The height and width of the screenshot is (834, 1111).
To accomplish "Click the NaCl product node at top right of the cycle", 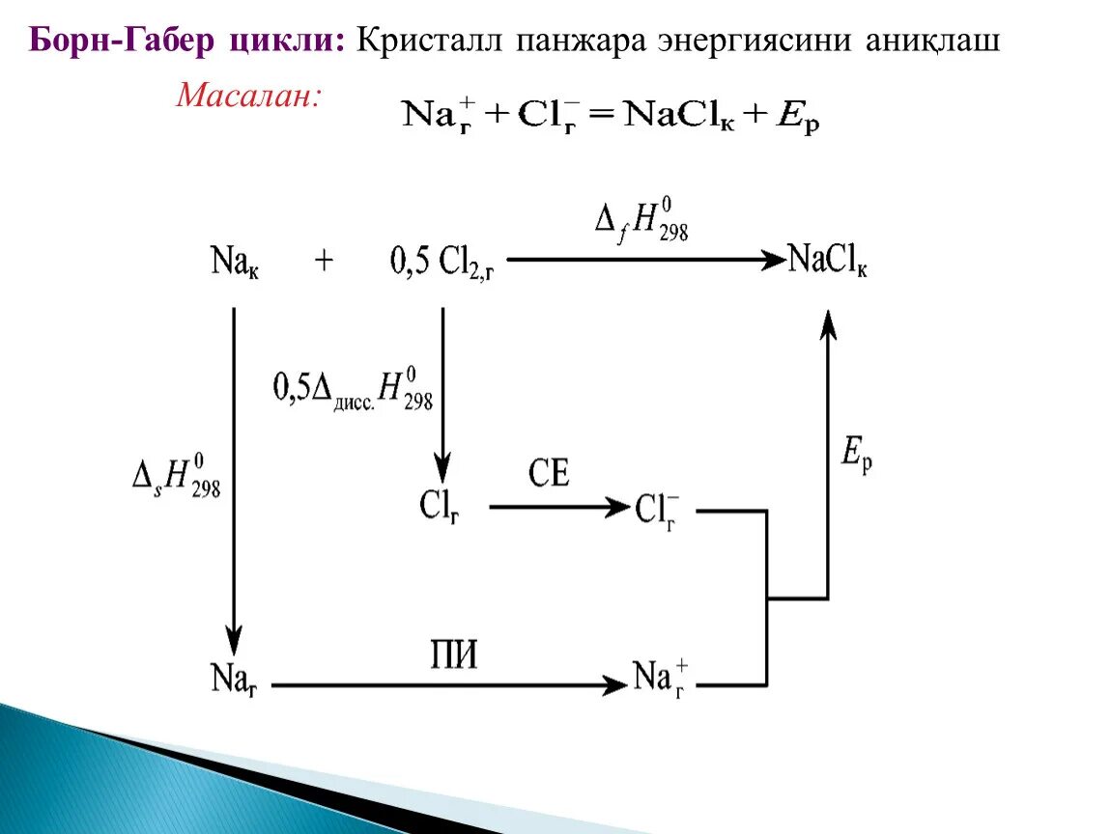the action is pyautogui.click(x=827, y=261).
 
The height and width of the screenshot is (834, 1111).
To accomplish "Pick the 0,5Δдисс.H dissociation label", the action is pyautogui.click(x=354, y=388).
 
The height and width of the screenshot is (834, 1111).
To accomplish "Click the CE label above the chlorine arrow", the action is pyautogui.click(x=549, y=473).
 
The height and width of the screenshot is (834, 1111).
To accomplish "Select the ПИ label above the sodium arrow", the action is pyautogui.click(x=453, y=655).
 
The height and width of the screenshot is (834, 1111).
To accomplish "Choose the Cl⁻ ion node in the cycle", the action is pyautogui.click(x=658, y=509).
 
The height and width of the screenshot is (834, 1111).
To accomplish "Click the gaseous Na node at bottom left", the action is pyautogui.click(x=233, y=678).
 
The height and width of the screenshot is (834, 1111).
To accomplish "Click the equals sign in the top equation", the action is pyautogui.click(x=601, y=115).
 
